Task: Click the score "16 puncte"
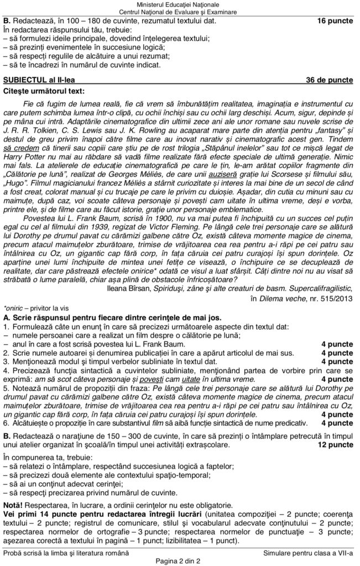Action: point(335,20)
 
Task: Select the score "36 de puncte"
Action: point(329,80)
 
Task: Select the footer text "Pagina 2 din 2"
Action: point(180,561)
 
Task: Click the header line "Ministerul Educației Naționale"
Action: point(180,4)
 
